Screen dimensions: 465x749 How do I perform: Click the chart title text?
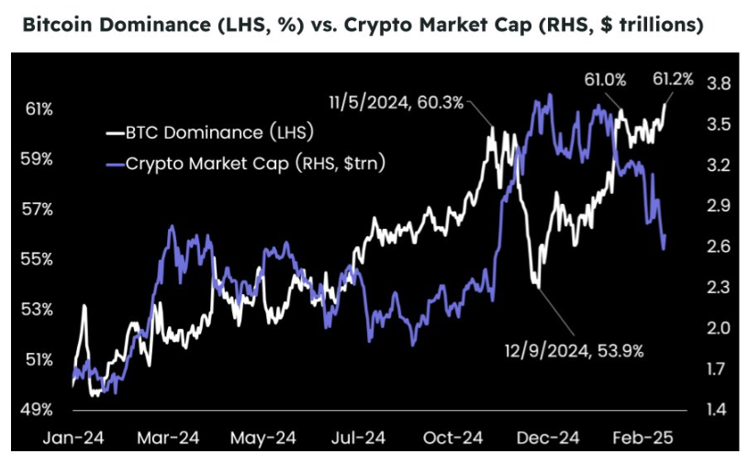[362, 24]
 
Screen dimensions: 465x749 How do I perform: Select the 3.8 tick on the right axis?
[719, 84]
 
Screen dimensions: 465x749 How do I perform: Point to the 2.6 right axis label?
[719, 246]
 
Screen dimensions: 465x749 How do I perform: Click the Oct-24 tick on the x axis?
[456, 438]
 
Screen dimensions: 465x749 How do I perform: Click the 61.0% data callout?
[605, 80]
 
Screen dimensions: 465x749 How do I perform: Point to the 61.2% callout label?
[675, 80]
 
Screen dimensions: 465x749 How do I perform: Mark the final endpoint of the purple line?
[665, 237]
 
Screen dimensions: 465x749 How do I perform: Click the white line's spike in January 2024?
[84, 307]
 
